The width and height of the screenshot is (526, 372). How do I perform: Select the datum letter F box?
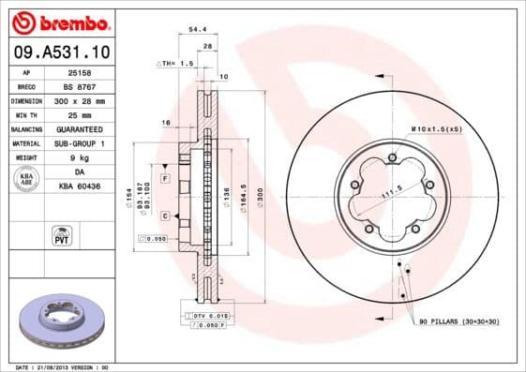[x=164, y=178]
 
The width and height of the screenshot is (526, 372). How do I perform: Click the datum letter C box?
[x=164, y=216]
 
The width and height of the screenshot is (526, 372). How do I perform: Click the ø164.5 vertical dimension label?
[x=243, y=198]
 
